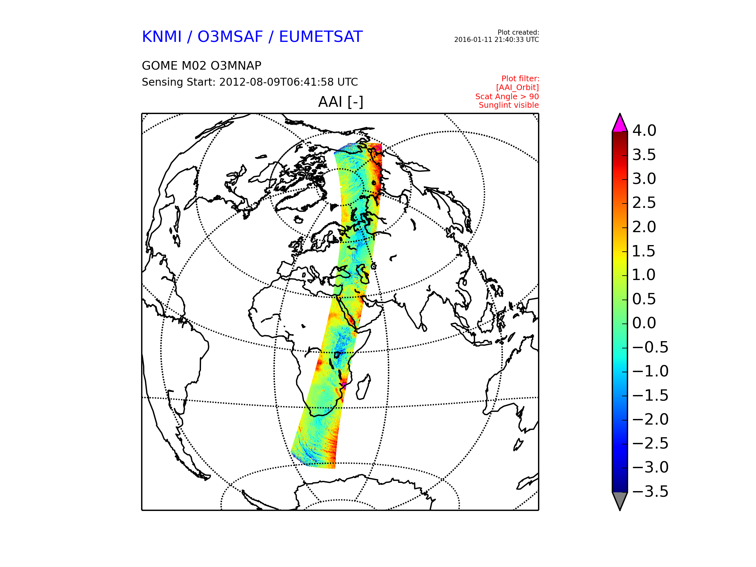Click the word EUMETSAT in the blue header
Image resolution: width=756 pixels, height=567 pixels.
321,37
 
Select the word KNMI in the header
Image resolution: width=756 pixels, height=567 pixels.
162,37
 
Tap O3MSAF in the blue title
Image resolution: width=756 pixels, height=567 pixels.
230,37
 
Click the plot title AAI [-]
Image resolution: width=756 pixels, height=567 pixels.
341,102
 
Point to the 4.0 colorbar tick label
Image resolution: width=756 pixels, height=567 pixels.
644,130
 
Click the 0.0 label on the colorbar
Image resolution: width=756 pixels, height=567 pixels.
644,323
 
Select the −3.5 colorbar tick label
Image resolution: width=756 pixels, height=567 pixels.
650,491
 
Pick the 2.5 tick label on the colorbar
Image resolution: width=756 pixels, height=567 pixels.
644,203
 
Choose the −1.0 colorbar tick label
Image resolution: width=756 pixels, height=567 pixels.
650,371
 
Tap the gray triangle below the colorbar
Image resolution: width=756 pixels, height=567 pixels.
620,499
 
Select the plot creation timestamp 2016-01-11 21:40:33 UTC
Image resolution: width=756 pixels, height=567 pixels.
496,40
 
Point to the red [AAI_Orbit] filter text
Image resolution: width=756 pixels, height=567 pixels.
518,88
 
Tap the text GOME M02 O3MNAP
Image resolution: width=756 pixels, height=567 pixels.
202,66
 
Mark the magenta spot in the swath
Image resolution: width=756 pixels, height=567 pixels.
344,386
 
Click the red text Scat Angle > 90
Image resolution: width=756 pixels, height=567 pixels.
507,97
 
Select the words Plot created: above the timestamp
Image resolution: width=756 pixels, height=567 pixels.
518,32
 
